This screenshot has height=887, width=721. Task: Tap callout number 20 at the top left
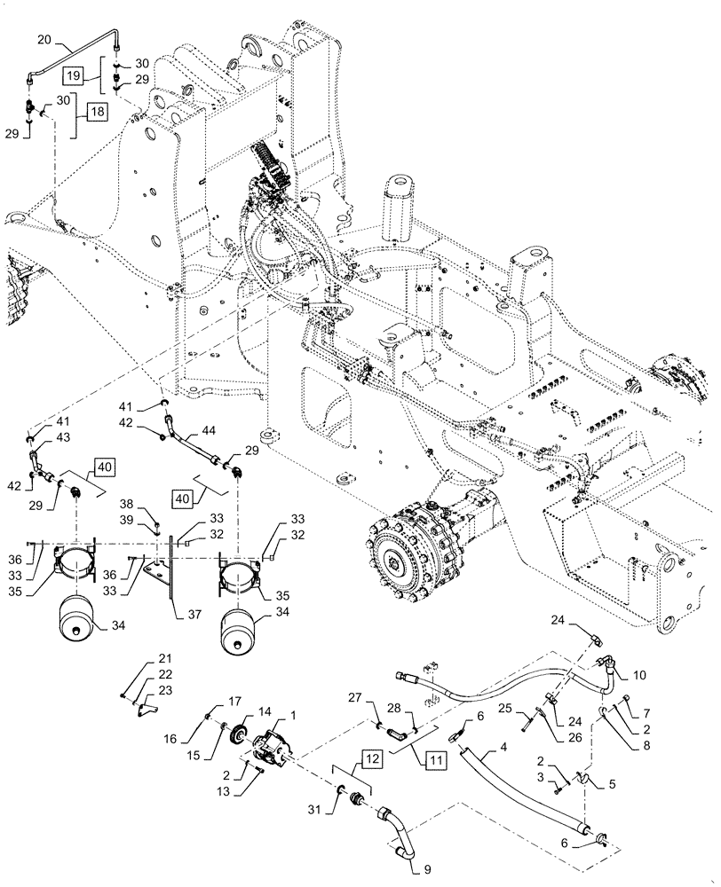[45, 39]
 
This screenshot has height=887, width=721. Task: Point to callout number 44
[209, 429]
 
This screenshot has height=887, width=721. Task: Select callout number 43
[38, 437]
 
